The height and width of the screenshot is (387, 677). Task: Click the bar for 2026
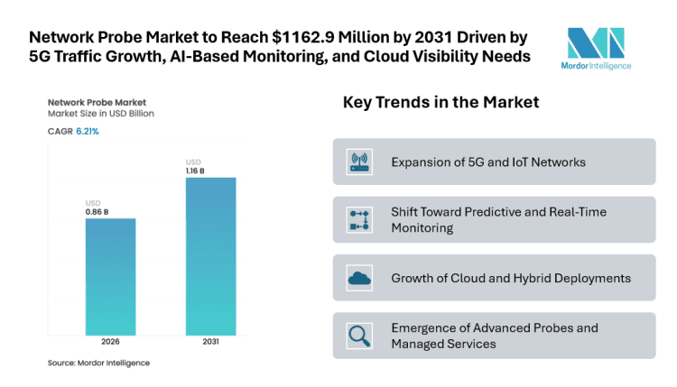click(110, 275)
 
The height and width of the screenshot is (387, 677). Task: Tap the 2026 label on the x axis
click(110, 343)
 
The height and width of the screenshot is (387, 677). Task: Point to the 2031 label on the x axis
click(210, 343)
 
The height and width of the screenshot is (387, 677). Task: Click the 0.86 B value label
click(97, 211)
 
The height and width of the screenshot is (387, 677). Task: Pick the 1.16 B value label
click(198, 170)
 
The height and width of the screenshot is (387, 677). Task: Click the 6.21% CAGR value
click(88, 132)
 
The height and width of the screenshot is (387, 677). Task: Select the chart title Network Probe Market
click(97, 103)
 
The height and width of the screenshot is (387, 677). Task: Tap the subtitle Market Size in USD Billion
click(101, 115)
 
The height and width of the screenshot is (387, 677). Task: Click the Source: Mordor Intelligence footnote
click(98, 363)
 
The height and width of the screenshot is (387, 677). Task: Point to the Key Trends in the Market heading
click(441, 103)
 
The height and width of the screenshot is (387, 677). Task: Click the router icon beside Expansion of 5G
click(359, 162)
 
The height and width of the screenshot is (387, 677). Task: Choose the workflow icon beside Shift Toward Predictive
click(359, 220)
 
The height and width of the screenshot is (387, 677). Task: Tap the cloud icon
click(359, 278)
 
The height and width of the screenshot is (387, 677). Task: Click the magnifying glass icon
click(359, 336)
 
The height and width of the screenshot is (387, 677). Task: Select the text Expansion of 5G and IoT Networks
click(488, 162)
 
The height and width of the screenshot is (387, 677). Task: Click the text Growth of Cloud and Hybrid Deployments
click(510, 278)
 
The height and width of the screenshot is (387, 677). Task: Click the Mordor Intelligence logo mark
click(595, 41)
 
